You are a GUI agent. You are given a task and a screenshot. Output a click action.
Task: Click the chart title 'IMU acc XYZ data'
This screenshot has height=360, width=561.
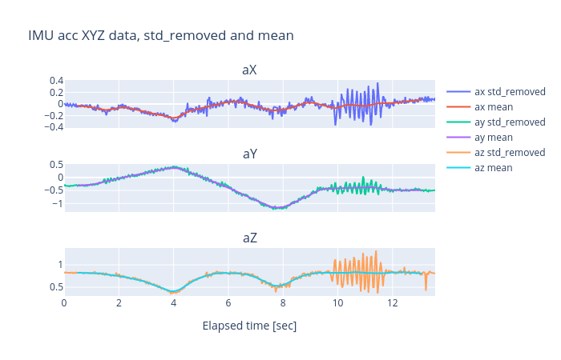tap(160, 36)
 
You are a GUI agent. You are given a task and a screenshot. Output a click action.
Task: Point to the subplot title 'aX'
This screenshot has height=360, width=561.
tap(249, 70)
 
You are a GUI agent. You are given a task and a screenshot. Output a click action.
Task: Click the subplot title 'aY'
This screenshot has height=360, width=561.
tap(249, 154)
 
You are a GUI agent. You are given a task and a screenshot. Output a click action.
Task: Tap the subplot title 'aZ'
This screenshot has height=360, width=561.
tap(249, 238)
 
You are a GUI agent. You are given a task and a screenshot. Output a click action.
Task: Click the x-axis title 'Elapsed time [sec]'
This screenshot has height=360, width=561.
tap(249, 326)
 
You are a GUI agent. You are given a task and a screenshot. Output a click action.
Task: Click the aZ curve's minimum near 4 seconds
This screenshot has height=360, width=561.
tap(174, 292)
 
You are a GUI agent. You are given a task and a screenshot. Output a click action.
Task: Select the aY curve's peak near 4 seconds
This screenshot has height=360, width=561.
tap(174, 167)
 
